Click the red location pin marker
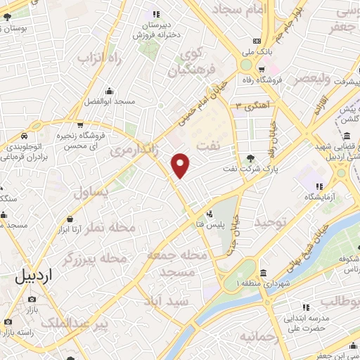tap(181, 165)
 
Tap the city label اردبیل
tap(32, 276)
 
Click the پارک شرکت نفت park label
tap(251, 169)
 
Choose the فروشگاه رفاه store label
tap(282, 79)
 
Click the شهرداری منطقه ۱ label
tap(264, 283)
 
